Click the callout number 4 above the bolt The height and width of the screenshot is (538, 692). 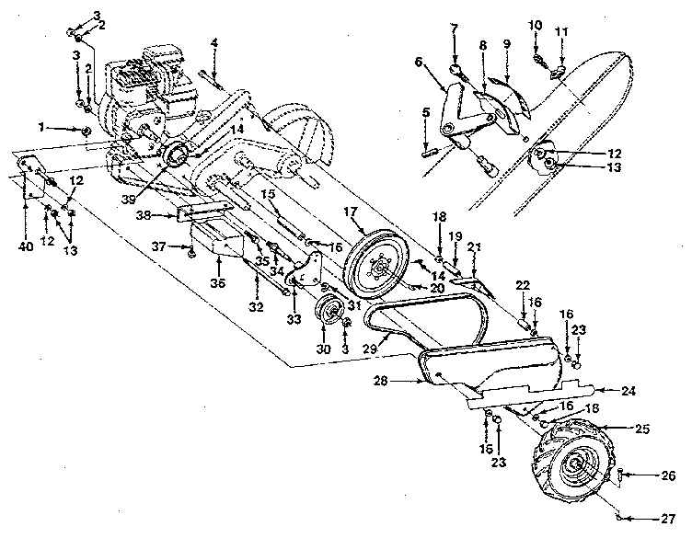pyautogui.click(x=213, y=42)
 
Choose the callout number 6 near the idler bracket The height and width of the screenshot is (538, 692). pyautogui.click(x=419, y=62)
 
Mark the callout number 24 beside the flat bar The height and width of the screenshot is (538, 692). pyautogui.click(x=629, y=390)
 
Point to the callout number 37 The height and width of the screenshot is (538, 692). pyautogui.click(x=157, y=246)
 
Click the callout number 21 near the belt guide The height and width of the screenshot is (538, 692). pyautogui.click(x=475, y=246)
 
